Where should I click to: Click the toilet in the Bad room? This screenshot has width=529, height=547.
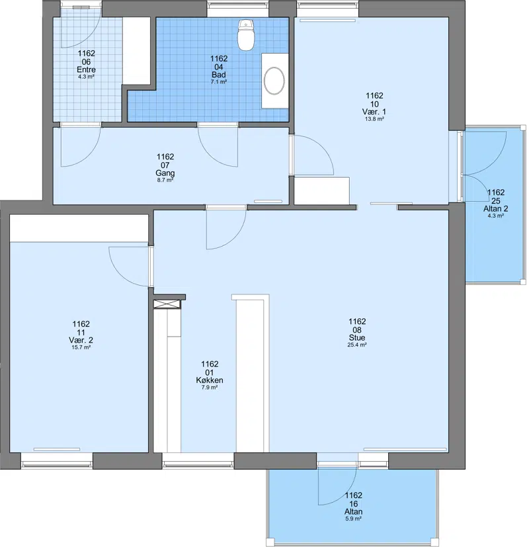(246, 35)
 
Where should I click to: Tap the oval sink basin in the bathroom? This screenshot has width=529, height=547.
(274, 81)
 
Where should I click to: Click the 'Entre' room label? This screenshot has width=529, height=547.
(86, 69)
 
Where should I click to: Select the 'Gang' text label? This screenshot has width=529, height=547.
(165, 173)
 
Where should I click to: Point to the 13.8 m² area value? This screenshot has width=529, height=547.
(374, 119)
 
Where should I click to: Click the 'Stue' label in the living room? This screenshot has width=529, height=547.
(357, 338)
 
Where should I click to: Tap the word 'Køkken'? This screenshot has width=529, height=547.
(210, 380)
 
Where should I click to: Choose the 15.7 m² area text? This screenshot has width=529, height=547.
(81, 347)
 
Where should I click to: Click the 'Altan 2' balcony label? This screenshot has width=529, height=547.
(495, 209)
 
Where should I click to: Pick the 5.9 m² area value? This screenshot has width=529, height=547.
(353, 519)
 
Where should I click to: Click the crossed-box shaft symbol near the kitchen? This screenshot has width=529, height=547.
(167, 304)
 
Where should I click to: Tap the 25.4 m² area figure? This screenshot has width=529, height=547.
(357, 345)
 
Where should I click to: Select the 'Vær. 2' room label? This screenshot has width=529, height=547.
(81, 340)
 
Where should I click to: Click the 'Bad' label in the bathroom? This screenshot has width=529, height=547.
(219, 75)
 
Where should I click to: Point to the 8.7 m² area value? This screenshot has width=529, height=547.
(165, 181)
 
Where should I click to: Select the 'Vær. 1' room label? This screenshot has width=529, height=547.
(374, 112)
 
